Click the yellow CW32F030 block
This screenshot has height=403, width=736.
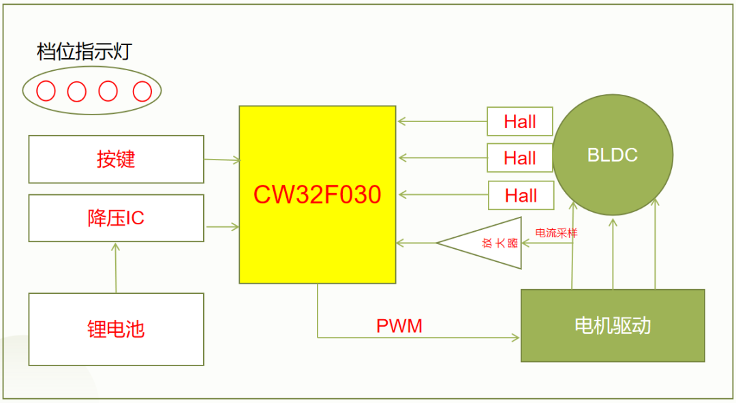point(317,194)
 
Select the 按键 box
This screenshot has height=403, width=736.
point(116,159)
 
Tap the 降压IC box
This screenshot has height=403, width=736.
point(116,218)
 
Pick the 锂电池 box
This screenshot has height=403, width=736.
point(116,329)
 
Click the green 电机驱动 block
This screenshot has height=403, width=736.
point(612,325)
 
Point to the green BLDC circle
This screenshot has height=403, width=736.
point(612,154)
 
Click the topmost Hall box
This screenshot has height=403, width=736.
point(519,121)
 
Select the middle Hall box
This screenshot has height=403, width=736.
point(519,158)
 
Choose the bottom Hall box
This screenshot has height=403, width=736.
point(519,195)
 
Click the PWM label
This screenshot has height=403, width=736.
point(399,326)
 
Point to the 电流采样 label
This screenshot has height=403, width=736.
point(556,233)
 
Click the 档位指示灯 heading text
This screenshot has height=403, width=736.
point(83,52)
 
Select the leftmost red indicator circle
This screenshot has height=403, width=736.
point(46,91)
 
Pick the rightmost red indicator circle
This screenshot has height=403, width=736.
point(142,91)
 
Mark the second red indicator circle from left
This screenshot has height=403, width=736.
point(77,91)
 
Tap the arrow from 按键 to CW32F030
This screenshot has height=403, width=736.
point(221,160)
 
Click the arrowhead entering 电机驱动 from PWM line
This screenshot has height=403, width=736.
point(516,337)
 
